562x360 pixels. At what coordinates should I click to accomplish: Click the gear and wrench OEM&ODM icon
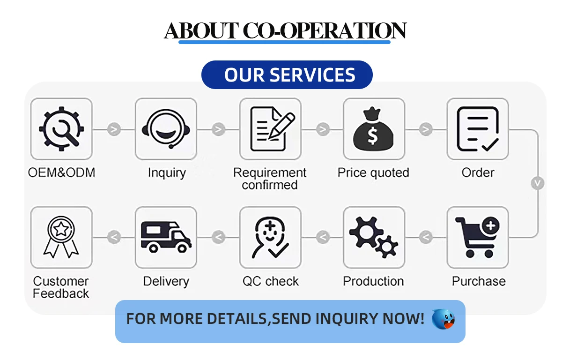point(61,128)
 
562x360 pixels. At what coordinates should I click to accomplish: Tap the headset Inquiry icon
point(166,128)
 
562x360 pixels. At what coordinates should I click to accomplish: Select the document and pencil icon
point(270,128)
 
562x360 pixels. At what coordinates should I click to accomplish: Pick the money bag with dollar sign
point(374,128)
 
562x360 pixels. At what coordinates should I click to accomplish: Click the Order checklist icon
point(478,128)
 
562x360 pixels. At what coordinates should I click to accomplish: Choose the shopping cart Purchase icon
point(478,237)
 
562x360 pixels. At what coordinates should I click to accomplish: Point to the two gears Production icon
point(374,237)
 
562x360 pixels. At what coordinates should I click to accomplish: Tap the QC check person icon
point(270,237)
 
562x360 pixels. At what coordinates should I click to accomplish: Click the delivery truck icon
point(166,237)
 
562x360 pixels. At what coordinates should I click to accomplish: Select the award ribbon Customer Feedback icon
point(61,237)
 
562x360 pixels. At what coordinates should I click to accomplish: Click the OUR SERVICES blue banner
point(287,75)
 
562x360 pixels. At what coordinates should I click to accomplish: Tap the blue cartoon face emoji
point(443,319)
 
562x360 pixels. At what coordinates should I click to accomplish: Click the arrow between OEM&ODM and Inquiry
point(114,129)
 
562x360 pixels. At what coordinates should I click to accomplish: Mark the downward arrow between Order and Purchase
point(538,183)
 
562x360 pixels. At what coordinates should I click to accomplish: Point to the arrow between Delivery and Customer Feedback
point(114,238)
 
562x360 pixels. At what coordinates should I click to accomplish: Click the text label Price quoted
point(373,172)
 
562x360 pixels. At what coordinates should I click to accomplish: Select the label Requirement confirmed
point(270,179)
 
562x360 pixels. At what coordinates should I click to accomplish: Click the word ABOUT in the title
point(201,31)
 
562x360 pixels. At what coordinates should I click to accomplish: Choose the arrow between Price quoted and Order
point(426,129)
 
